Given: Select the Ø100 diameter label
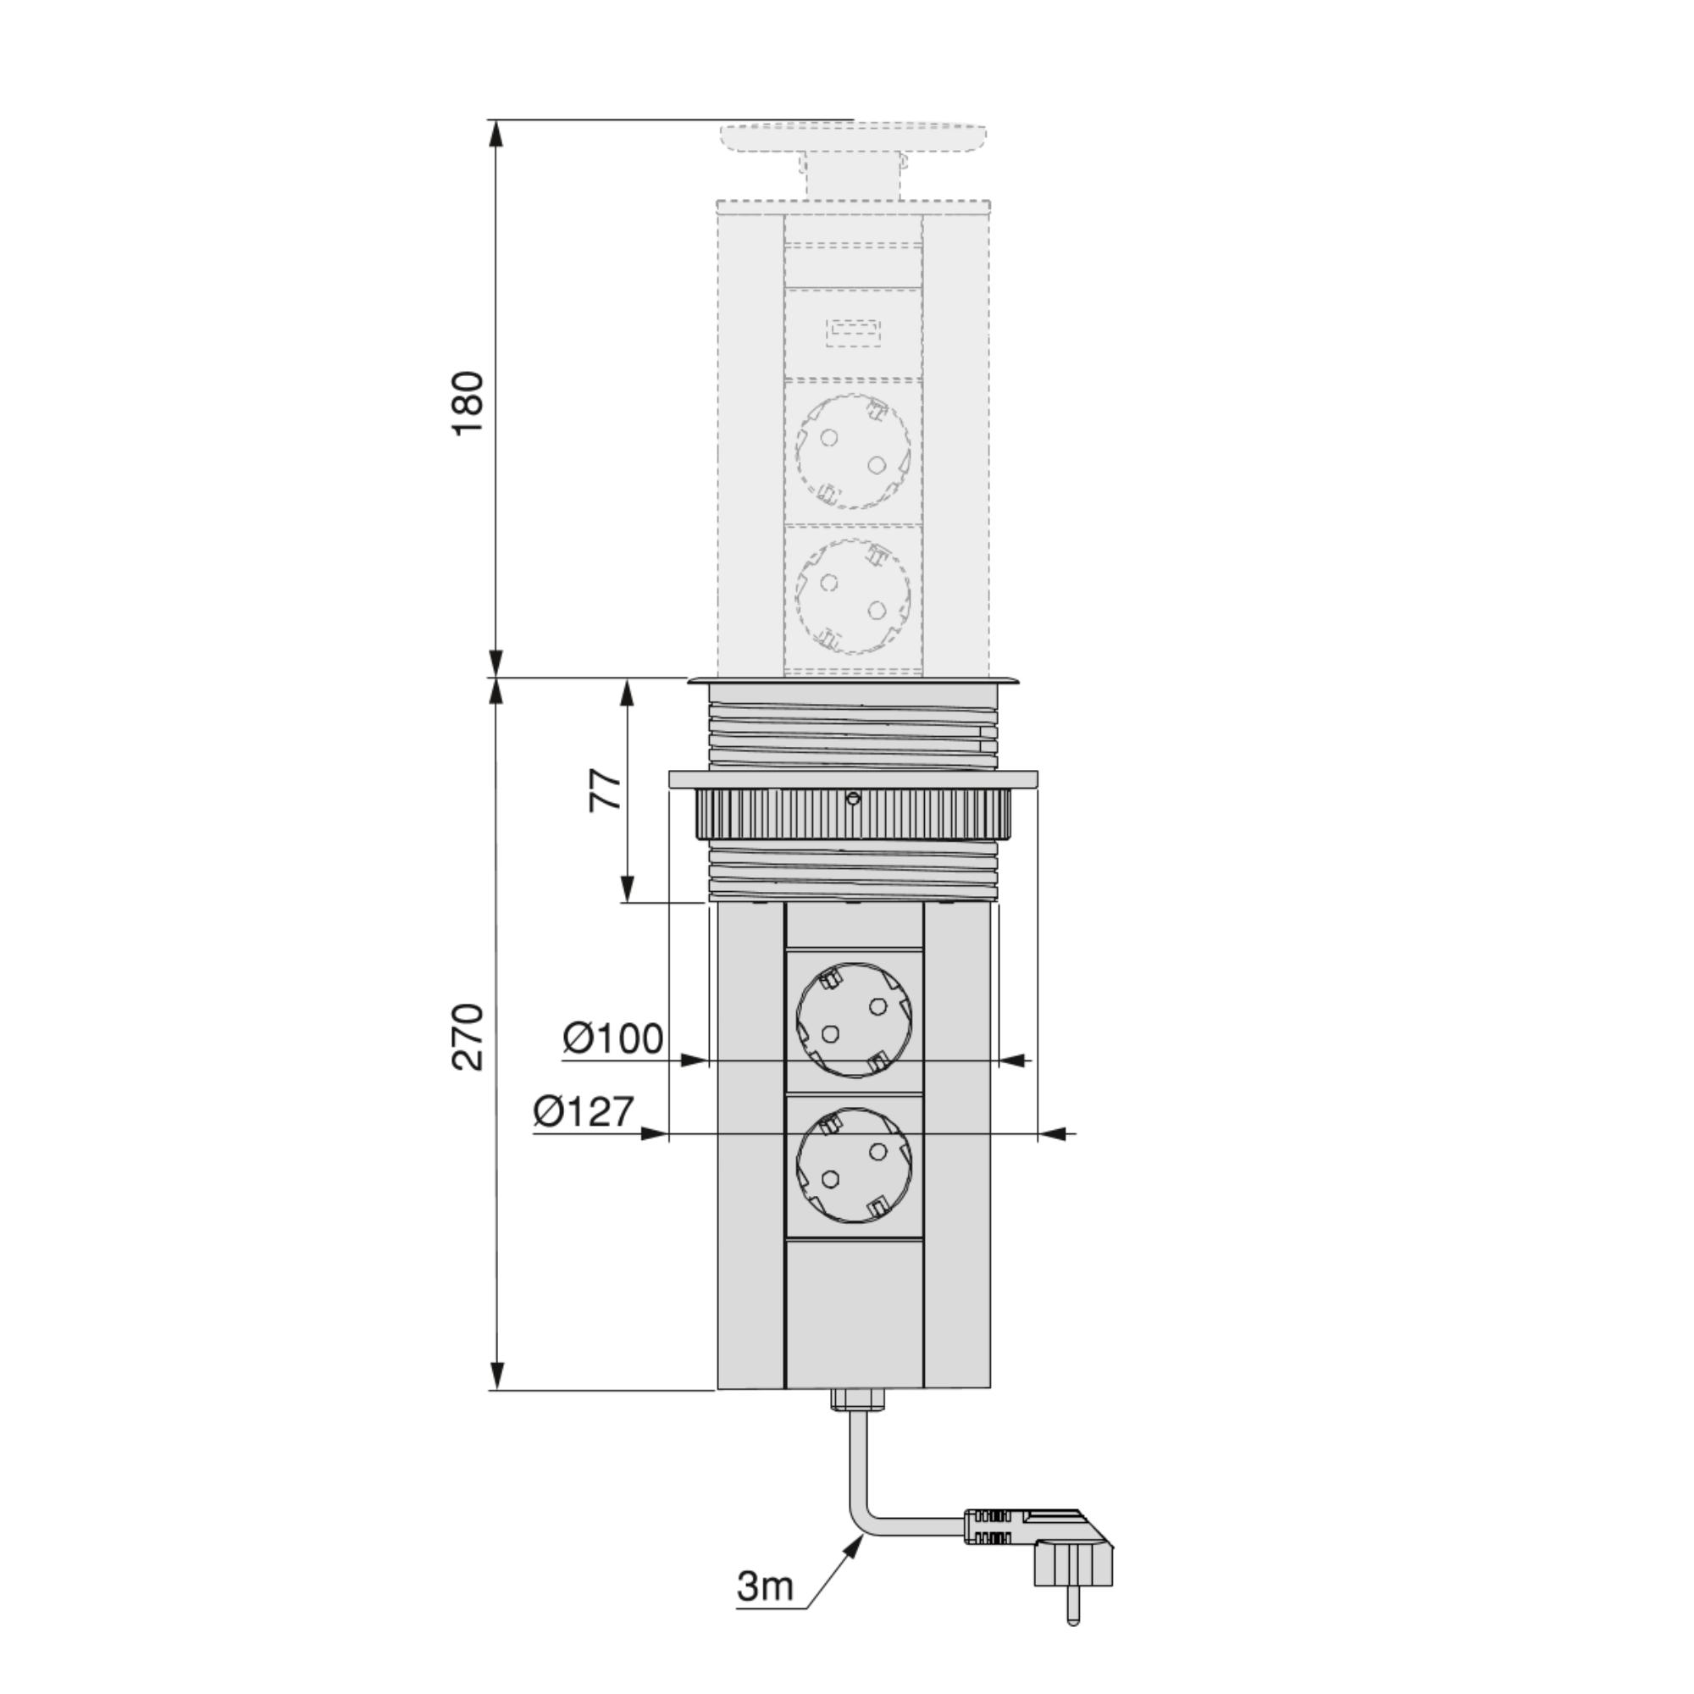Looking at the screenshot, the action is point(613,1038).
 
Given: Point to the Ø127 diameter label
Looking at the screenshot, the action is point(583,1112).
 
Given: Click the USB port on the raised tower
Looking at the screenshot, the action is point(853,334).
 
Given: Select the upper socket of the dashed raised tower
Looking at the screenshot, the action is point(853,451).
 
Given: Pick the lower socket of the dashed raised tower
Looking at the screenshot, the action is point(853,597).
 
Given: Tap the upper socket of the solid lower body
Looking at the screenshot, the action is point(854,1021).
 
